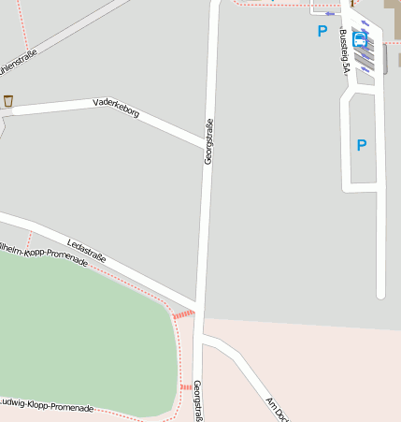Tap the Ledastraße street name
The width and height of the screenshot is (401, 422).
tap(86, 252)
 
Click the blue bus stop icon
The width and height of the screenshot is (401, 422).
tap(360, 36)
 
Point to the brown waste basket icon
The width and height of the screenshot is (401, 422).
tap(8, 100)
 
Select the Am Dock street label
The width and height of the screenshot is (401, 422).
tap(278, 409)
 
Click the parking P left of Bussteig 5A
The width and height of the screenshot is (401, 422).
tap(322, 31)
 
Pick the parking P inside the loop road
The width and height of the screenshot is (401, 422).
tap(361, 145)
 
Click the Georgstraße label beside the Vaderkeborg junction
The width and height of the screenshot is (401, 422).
tap(208, 142)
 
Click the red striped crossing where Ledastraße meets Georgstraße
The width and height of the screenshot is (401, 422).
tap(183, 314)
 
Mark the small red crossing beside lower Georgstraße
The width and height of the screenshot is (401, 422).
tap(185, 386)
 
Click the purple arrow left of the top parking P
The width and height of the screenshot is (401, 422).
tap(328, 14)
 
